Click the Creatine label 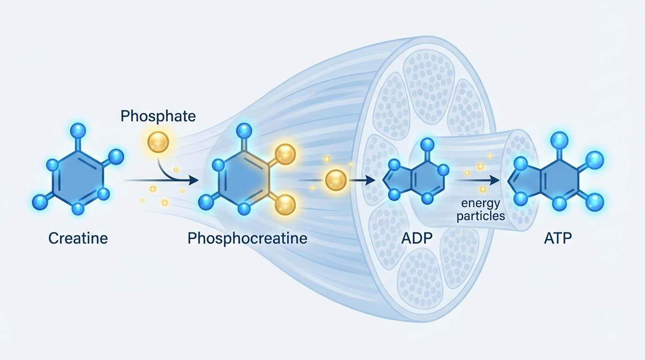coord(78,238)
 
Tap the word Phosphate coord(158,116)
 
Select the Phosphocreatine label coord(247,238)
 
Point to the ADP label coord(416,238)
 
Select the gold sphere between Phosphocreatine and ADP coord(336,180)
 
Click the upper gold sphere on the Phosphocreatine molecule coord(285,154)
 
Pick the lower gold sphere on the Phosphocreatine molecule coord(285,205)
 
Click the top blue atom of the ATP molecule coord(559,140)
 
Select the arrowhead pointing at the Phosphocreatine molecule coord(192,180)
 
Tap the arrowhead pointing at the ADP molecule coord(370,180)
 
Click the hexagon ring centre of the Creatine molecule coord(78,180)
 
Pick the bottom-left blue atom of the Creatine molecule coord(40,202)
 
